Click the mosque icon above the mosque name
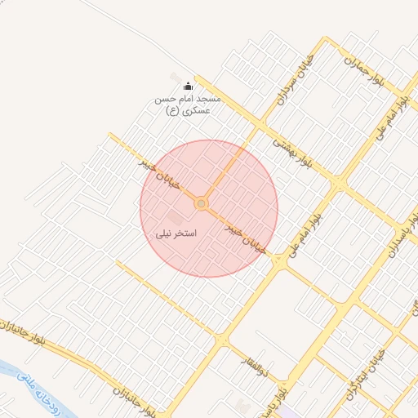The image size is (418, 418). click(188, 87)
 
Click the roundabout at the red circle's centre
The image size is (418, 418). click(201, 203)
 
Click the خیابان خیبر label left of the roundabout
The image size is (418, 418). click(155, 172)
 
